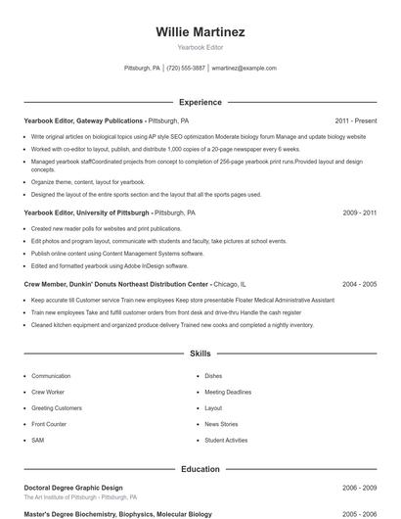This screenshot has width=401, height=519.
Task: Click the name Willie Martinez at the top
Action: [x=200, y=32]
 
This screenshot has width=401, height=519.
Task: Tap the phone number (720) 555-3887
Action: [x=186, y=69]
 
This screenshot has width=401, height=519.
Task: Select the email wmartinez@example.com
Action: [x=244, y=69]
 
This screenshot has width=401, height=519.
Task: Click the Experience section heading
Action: [x=200, y=102]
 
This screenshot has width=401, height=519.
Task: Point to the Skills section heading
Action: [x=200, y=353]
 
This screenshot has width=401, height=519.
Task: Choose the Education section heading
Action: [x=200, y=469]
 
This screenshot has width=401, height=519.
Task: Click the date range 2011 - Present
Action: [x=355, y=121]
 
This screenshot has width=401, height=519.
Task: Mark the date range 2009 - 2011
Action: [x=359, y=212]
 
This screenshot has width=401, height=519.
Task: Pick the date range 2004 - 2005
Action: [x=359, y=284]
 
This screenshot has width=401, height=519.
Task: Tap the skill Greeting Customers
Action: [x=57, y=407]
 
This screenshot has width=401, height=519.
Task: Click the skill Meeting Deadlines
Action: [x=228, y=392]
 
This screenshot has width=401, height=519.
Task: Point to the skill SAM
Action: [x=37, y=441]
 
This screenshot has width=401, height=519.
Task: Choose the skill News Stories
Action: [x=221, y=424]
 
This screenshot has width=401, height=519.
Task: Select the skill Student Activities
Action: [x=226, y=441]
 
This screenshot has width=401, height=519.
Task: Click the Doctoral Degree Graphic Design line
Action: [x=73, y=487]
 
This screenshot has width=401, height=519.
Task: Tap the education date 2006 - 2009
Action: [x=359, y=487]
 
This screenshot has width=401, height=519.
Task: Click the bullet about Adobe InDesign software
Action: [x=110, y=265]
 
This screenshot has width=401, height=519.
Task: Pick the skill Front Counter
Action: [x=49, y=424]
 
